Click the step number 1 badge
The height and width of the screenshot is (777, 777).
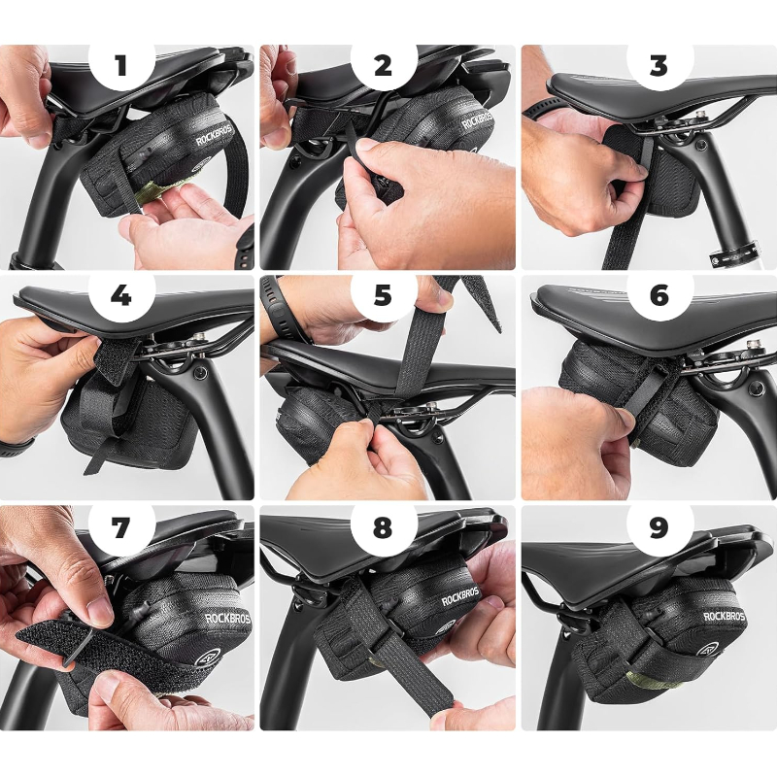pos(121,66)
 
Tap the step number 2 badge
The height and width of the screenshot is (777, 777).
pos(383,66)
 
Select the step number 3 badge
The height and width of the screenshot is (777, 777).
pos(659,66)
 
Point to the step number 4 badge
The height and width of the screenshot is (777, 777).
pos(121,296)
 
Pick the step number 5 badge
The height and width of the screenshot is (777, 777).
pos(383,296)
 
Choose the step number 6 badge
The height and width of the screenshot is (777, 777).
pos(659,296)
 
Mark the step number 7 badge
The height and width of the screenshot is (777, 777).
pos(121,526)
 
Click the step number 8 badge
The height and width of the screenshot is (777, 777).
pos(383,526)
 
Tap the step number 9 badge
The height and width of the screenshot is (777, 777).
pos(659,526)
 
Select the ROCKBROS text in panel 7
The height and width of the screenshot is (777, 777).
pos(227,618)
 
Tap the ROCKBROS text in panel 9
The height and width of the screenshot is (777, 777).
pos(724,616)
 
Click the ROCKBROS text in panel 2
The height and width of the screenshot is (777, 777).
pos(478,120)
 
